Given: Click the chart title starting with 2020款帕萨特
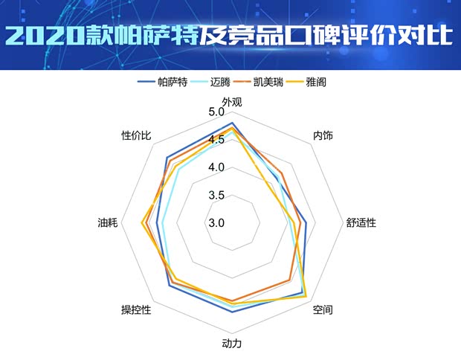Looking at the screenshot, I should [x=230, y=35].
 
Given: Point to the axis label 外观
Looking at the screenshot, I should [x=232, y=102].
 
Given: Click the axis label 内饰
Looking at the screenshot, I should [x=323, y=136].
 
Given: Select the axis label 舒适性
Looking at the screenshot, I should [x=361, y=222].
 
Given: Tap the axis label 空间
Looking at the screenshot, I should [x=323, y=309].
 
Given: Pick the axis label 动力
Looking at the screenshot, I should [x=232, y=344].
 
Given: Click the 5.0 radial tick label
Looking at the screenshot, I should [x=216, y=112].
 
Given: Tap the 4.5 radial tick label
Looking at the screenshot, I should [x=216, y=140].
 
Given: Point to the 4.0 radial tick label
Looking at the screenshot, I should [x=216, y=167].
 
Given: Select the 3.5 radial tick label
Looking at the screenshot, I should [x=216, y=195].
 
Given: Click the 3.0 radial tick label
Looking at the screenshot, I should [x=216, y=222].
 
